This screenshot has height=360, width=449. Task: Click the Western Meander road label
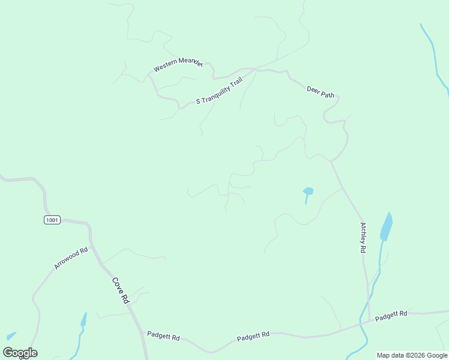pos(178,64)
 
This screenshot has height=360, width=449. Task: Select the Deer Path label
pos(320,91)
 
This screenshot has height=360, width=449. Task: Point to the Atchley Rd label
pos(363,237)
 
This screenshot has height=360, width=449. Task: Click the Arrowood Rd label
pos(71,257)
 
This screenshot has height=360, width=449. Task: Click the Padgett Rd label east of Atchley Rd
pos(391,315)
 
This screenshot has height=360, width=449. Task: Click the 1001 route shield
pos(52,220)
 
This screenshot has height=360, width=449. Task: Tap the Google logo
pos(20,353)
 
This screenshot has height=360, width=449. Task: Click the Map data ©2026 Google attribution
pos(412,355)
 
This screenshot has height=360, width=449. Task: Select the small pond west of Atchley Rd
pos(308,191)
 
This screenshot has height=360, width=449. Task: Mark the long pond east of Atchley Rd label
pos(387,226)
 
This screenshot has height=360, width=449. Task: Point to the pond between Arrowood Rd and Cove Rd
pos(83,319)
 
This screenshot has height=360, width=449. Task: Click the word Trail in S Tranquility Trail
pos(235,83)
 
